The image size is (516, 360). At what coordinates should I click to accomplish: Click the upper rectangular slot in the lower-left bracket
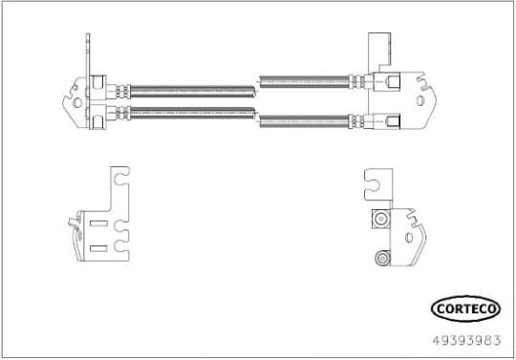click(98, 224)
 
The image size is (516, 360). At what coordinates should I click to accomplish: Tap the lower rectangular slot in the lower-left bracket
click(98, 247)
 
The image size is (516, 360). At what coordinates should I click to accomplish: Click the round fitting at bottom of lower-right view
click(383, 257)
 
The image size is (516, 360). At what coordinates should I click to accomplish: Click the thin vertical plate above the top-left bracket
click(89, 53)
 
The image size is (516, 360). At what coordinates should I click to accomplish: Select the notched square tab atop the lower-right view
click(376, 182)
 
